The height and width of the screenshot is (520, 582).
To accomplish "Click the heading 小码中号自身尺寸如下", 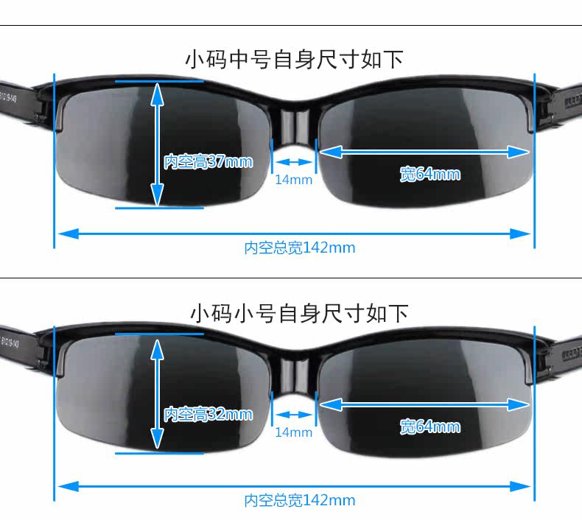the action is coord(294,59).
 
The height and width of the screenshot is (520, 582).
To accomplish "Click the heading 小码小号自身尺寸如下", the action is coord(298,313).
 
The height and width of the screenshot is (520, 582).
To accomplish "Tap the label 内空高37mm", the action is coord(208,161).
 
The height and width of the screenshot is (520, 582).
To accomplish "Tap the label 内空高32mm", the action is coord(208,415).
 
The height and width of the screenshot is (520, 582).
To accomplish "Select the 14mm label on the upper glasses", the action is coord(293,180).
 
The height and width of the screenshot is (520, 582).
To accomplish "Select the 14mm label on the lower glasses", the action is coord(293,432).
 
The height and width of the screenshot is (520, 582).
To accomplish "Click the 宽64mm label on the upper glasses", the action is coord(430,174).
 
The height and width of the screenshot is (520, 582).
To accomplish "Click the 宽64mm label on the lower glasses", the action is coord(430,426).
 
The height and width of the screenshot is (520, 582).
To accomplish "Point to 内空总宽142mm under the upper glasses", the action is coord(300,248).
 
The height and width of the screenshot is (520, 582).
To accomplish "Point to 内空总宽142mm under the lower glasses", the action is coord(300,501).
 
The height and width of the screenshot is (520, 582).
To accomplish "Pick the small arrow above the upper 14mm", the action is coord(293,162).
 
